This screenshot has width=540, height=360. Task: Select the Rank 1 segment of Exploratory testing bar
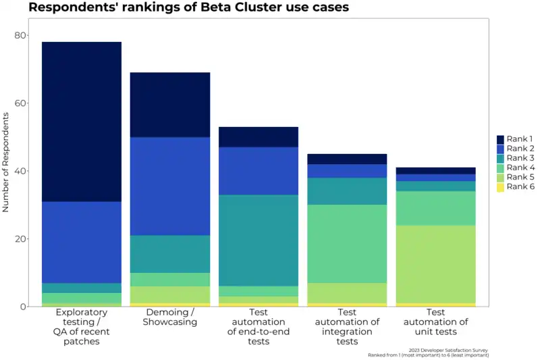(82, 122)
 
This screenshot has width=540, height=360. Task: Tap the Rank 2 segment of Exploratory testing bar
(82, 242)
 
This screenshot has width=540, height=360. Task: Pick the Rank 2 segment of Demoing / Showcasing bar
(170, 186)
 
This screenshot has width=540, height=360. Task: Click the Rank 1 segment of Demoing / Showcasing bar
(170, 105)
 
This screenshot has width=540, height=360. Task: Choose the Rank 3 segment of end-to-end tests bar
(259, 240)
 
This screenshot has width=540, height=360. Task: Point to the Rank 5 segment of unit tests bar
(436, 263)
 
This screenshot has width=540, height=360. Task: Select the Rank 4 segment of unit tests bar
(436, 208)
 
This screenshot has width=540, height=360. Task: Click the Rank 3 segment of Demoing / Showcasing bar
(170, 254)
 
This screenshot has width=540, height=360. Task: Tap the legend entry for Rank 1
(517, 139)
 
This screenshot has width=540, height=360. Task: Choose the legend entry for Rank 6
(517, 186)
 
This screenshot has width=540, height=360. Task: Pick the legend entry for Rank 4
(517, 168)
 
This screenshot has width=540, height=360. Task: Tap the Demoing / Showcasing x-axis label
(170, 317)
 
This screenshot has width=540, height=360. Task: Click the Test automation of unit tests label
(436, 322)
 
